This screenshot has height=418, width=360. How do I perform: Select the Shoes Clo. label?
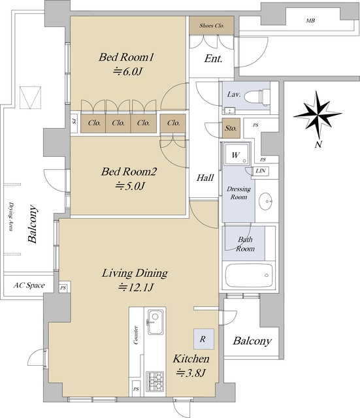[x=212, y=25]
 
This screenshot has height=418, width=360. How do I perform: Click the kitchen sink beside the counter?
[x=155, y=322]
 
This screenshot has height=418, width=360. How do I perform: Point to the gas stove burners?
[x=155, y=381]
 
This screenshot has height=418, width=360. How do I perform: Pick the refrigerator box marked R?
[x=204, y=339]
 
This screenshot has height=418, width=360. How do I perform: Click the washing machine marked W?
[x=237, y=154]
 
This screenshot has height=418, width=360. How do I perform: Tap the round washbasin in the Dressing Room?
[x=265, y=201]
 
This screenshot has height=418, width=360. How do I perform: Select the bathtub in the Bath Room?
[x=249, y=276]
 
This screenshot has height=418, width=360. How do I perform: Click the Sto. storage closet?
[x=231, y=128]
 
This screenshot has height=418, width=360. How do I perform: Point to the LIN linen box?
[x=261, y=171]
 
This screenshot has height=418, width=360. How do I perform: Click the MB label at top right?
[x=310, y=20]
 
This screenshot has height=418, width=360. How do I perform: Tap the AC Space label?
[x=29, y=285]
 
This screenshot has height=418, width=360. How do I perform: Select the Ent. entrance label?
[x=213, y=59]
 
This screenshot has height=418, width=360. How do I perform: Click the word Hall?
[x=205, y=178]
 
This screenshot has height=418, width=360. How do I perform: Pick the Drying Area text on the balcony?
[x=11, y=217]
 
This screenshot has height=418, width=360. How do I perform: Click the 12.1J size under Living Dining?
[x=136, y=287]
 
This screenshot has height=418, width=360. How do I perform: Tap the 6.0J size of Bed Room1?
[x=128, y=71]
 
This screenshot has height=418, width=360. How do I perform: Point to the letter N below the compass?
[x=318, y=144]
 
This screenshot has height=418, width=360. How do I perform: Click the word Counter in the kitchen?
[x=136, y=335]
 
